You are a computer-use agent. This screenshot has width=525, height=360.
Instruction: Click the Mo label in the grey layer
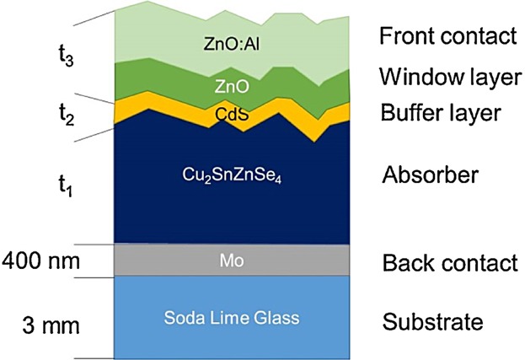click(232, 261)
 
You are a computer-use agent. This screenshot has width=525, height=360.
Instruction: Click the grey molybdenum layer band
click(169, 261)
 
